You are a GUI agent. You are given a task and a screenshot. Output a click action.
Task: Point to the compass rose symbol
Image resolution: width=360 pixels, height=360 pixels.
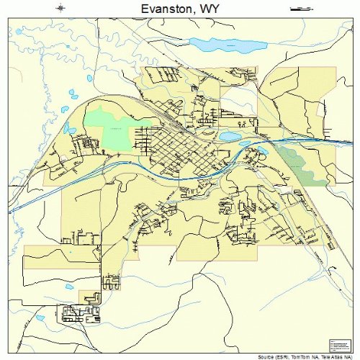[60, 8]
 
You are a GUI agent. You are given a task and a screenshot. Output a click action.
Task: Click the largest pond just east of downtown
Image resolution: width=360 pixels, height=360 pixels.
[229, 135]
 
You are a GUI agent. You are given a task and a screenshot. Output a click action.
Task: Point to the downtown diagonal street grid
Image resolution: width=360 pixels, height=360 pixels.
[173, 148]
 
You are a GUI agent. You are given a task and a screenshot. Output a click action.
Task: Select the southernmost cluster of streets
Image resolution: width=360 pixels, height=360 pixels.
[75, 313]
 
